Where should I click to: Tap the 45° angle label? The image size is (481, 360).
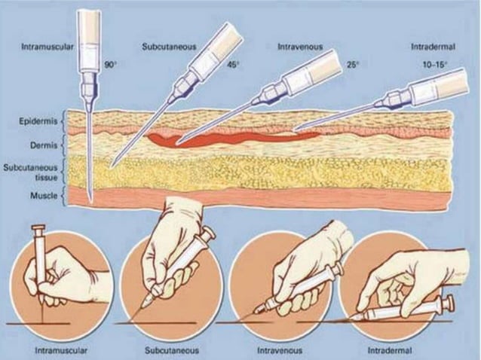tap(233, 64)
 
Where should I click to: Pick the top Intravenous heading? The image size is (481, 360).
tap(299, 47)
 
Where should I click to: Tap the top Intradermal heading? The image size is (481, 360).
tap(431, 47)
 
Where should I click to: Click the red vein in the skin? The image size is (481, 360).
tap(219, 139)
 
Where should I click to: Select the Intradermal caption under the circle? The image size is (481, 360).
tap(390, 349)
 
